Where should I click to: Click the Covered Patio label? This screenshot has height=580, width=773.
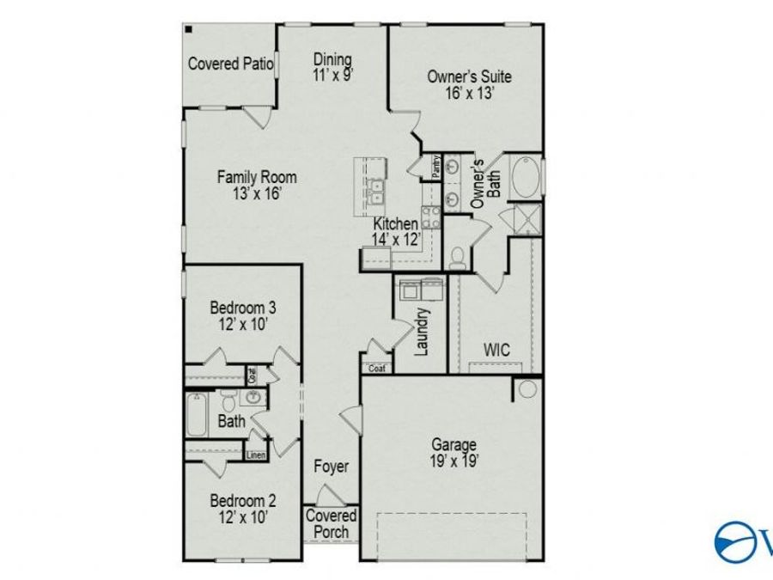(230, 64)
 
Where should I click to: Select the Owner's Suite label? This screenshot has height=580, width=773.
(469, 76)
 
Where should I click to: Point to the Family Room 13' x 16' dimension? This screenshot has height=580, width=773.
(257, 193)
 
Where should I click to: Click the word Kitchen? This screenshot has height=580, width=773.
(396, 223)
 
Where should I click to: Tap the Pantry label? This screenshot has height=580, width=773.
(436, 165)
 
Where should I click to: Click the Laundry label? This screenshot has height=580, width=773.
(422, 331)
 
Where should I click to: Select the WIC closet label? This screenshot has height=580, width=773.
(496, 351)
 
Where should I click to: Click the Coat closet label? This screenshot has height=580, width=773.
(377, 369)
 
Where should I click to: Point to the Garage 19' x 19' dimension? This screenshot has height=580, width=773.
(454, 461)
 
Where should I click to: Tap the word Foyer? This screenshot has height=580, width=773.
(331, 467)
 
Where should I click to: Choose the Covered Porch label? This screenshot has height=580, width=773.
(332, 523)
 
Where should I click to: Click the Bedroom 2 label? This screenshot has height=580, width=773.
(243, 500)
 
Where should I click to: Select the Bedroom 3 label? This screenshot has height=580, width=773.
(243, 307)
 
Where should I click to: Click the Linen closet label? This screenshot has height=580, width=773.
(256, 455)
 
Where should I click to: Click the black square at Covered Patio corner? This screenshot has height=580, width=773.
(188, 28)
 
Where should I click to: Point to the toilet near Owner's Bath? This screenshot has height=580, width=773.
(458, 256)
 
